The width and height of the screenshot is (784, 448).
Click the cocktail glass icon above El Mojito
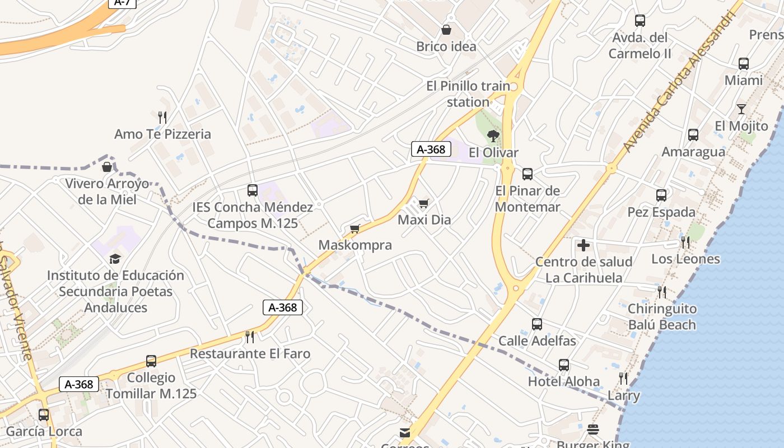(x=741, y=109)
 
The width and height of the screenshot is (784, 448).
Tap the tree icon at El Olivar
(x=493, y=136)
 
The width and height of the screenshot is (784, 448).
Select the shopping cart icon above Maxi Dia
(x=424, y=203)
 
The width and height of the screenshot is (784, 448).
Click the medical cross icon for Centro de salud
(x=584, y=245)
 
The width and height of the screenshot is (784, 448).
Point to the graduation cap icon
(x=115, y=258)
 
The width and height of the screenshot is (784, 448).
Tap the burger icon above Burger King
(x=594, y=430)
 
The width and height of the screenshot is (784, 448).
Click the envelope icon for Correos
(x=405, y=432)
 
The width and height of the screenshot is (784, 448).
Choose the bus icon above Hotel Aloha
(x=564, y=365)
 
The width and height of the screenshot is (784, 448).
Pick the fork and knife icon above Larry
(x=623, y=379)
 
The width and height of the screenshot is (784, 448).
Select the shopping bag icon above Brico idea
(x=446, y=30)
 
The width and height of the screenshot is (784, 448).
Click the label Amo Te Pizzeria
(x=162, y=134)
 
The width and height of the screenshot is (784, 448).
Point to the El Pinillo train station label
(x=468, y=94)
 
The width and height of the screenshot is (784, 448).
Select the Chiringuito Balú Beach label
(x=662, y=316)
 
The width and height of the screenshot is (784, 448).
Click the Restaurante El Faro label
(x=250, y=353)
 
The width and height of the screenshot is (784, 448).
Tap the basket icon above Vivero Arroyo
(x=107, y=167)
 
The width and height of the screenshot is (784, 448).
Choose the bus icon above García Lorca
(x=44, y=415)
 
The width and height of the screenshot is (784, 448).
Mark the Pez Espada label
(x=661, y=212)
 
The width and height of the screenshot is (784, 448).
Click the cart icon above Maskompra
(x=354, y=228)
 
